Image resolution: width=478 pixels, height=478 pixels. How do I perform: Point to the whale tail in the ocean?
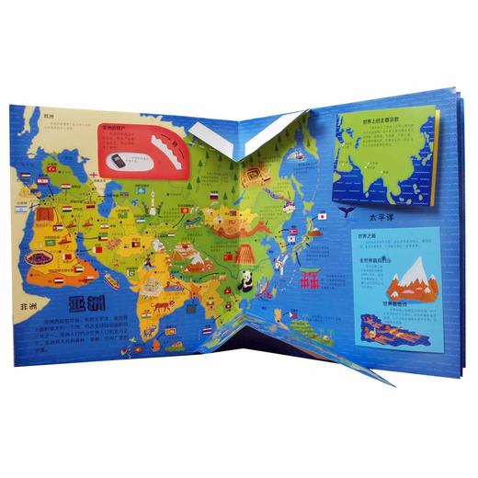pos(344,211)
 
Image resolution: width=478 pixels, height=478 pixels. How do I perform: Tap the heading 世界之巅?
pos(366,235)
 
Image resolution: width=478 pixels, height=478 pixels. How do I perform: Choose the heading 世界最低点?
pos(394,302)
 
